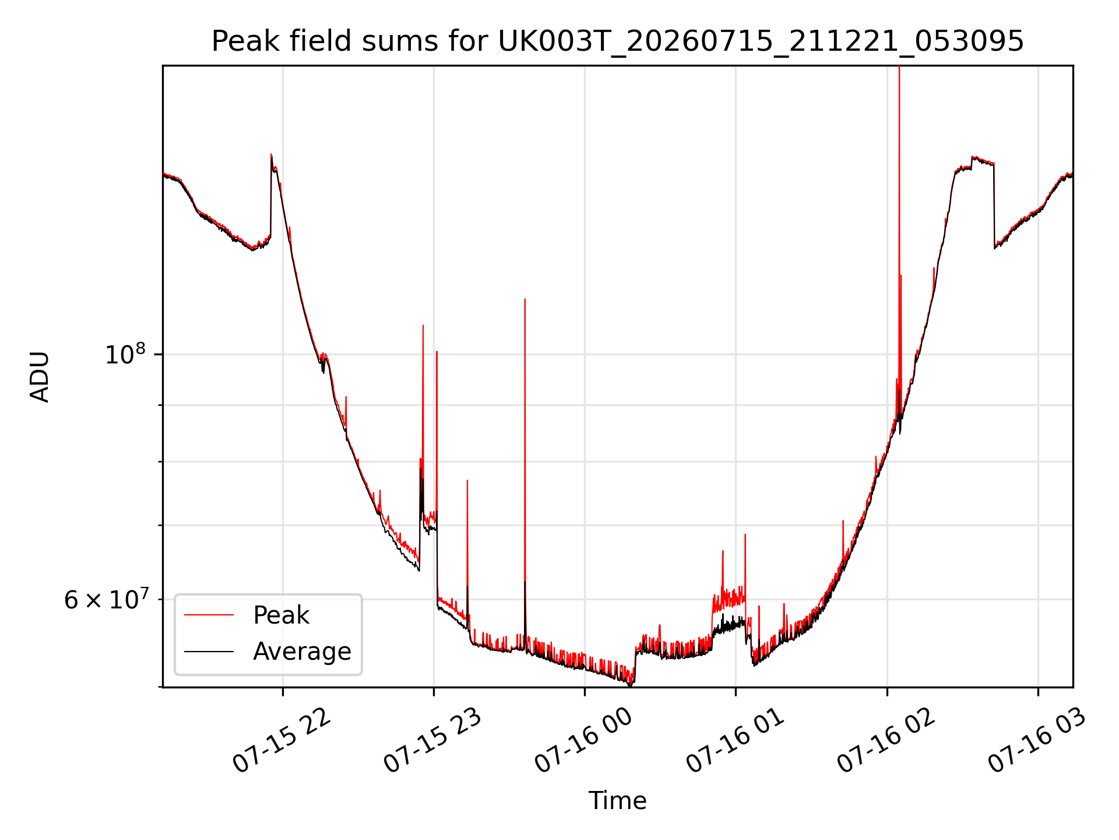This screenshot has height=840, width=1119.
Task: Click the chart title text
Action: pos(617,41)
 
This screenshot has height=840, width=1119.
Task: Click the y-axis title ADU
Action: pos(40,377)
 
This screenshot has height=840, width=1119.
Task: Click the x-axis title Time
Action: pos(617,800)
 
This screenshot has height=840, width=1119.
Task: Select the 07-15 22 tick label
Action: pos(283,741)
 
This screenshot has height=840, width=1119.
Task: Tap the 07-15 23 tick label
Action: pos(433,741)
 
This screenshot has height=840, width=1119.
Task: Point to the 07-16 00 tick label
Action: pos(584,741)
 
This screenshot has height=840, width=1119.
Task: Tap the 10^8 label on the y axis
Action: pos(125,353)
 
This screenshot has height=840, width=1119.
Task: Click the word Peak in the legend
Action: pos(281,615)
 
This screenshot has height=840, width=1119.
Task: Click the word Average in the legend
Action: pos(302,652)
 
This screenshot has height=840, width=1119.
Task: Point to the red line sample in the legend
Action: pos(209,615)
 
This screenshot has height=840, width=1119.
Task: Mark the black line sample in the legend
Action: pos(209,652)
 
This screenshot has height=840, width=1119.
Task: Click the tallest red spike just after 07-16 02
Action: pos(899,67)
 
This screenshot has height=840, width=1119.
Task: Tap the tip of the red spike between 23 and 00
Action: pos(525,299)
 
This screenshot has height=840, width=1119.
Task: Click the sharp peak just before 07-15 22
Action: pos(271,155)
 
